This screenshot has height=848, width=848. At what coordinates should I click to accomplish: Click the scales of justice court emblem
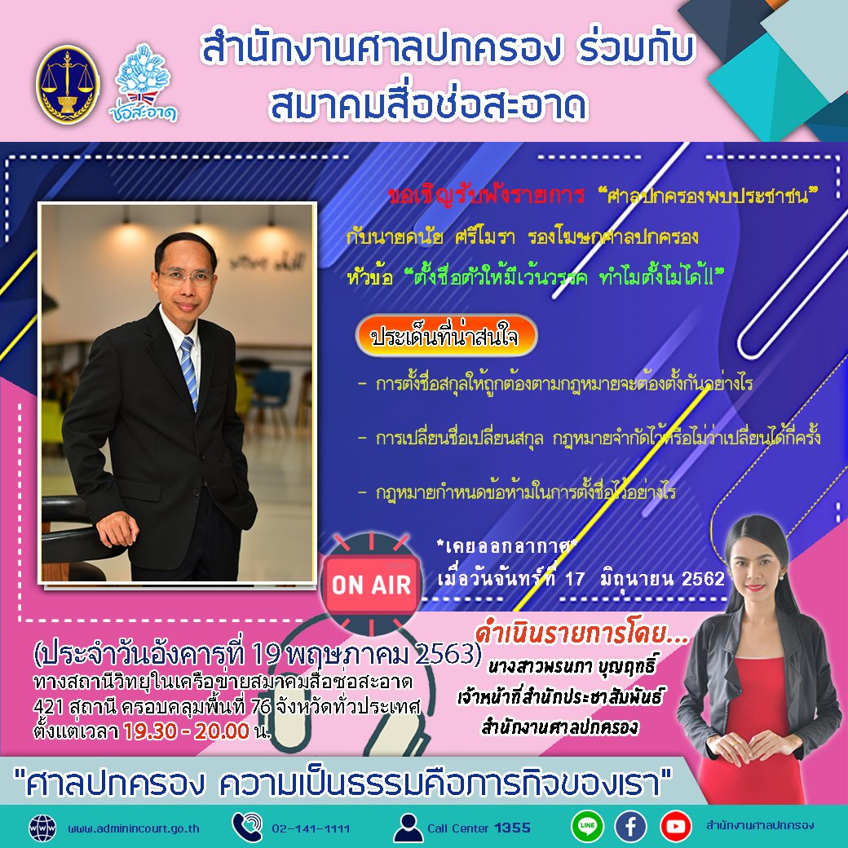tap(67, 83)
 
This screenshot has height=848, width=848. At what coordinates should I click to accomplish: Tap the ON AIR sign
tap(371, 584)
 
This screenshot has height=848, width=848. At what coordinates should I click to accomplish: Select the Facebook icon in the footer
tap(630, 826)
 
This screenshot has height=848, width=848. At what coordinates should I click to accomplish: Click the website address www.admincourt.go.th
tap(133, 828)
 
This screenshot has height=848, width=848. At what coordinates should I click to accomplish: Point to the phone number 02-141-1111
tap(311, 828)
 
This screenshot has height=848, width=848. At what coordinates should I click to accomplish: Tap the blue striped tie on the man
tap(189, 371)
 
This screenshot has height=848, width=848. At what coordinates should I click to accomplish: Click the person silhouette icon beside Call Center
tap(408, 827)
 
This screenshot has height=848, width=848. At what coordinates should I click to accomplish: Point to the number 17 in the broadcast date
tap(575, 579)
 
